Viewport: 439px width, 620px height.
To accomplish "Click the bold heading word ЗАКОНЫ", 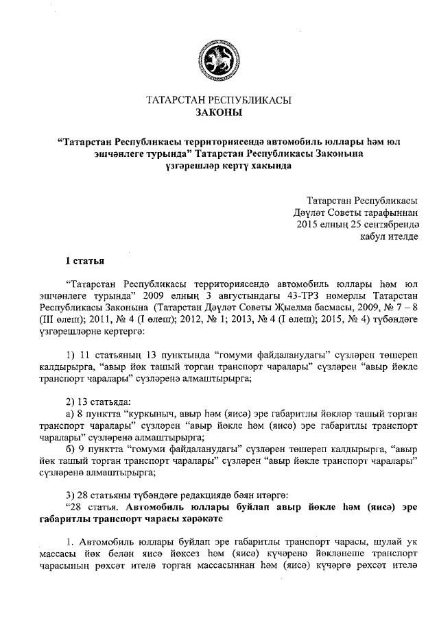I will [x=219, y=112].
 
